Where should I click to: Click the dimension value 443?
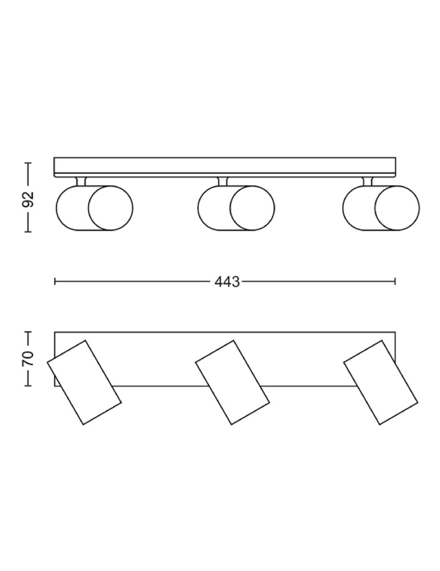click(x=227, y=282)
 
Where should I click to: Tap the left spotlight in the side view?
click(x=94, y=208)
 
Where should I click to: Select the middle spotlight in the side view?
click(x=236, y=208)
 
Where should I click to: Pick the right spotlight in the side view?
click(x=381, y=208)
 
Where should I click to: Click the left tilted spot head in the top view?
click(x=84, y=382)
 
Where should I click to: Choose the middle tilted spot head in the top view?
click(x=232, y=382)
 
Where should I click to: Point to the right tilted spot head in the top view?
click(x=381, y=382)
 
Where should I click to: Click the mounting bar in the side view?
click(x=225, y=167)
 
